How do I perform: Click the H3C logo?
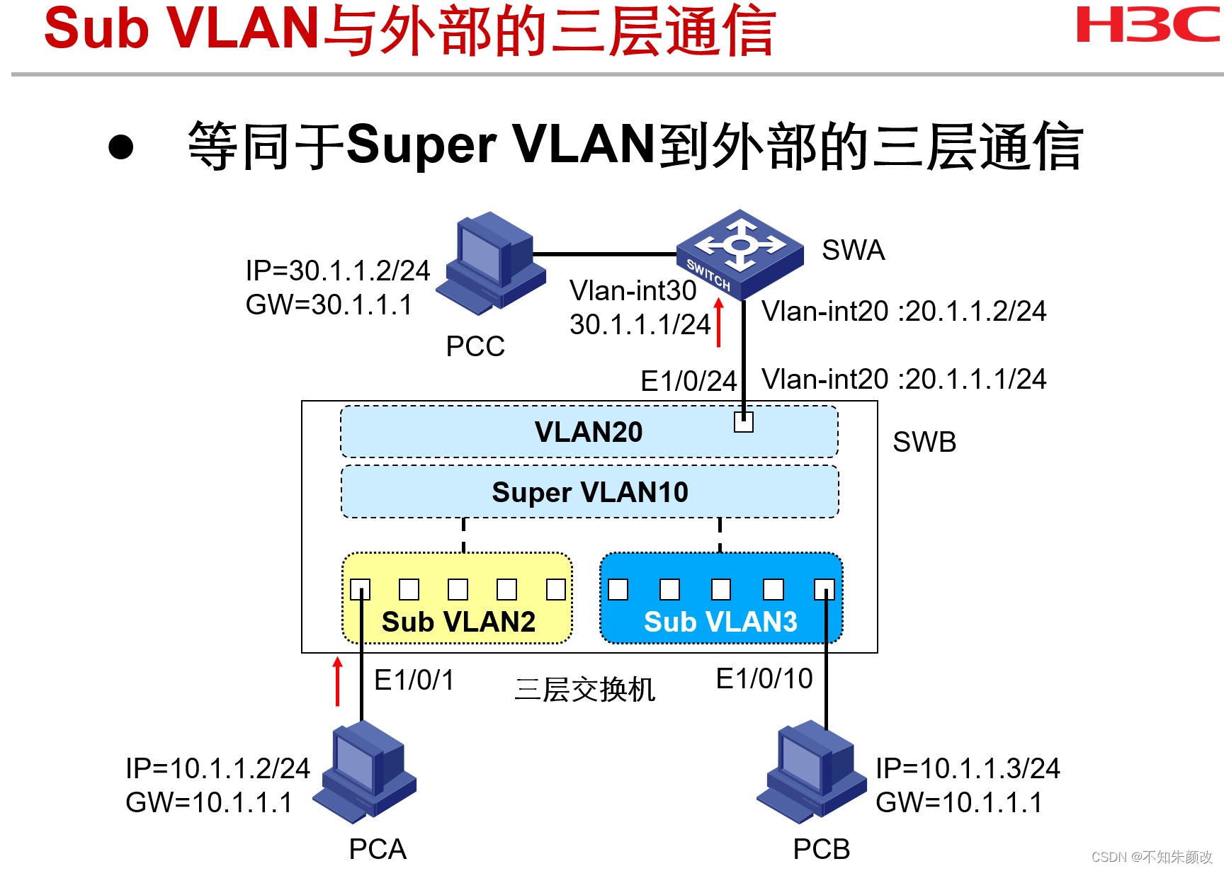pos(1147,25)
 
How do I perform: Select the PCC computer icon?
pos(490,263)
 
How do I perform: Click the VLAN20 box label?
pos(588,432)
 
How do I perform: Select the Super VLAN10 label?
pos(589,492)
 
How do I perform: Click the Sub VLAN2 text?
pos(458,622)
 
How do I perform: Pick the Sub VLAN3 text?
pos(720,622)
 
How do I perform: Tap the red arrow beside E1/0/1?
pos(338,681)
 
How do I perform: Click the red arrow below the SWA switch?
pos(718,322)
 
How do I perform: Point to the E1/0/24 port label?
pos(688,381)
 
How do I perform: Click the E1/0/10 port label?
pos(764,678)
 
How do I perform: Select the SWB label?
pos(924,442)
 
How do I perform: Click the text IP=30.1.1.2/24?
pos(337,271)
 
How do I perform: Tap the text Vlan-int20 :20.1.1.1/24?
pos(903,379)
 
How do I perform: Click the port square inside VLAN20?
pos(743,422)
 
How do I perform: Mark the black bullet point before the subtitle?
pos(121,147)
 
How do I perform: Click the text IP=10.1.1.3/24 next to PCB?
pos(967,768)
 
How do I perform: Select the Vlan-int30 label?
pos(633,290)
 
